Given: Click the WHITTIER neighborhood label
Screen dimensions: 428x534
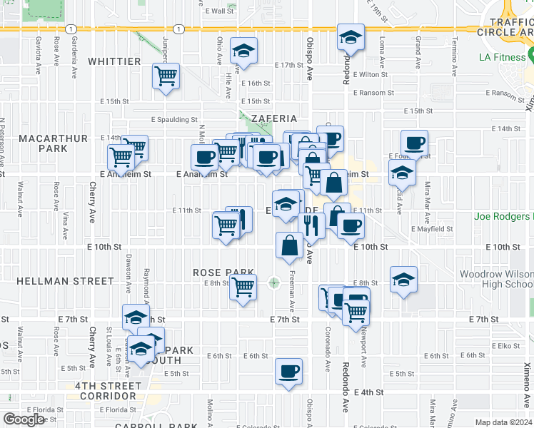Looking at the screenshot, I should [114, 62].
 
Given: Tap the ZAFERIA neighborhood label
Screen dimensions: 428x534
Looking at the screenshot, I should [268, 118].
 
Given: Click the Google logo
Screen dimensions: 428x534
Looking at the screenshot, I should [23, 419].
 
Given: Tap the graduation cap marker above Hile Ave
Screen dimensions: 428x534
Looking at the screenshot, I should [244, 51].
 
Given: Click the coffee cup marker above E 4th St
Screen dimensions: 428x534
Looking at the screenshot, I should [288, 371].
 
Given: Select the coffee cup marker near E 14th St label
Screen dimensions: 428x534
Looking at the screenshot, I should [414, 143].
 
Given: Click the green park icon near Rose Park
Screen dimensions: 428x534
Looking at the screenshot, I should [273, 283].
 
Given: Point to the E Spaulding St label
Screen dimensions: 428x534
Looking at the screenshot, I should [174, 120].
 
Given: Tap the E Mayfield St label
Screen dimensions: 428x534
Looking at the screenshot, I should [433, 229].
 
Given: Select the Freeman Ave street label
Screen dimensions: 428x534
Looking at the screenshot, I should [292, 292].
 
